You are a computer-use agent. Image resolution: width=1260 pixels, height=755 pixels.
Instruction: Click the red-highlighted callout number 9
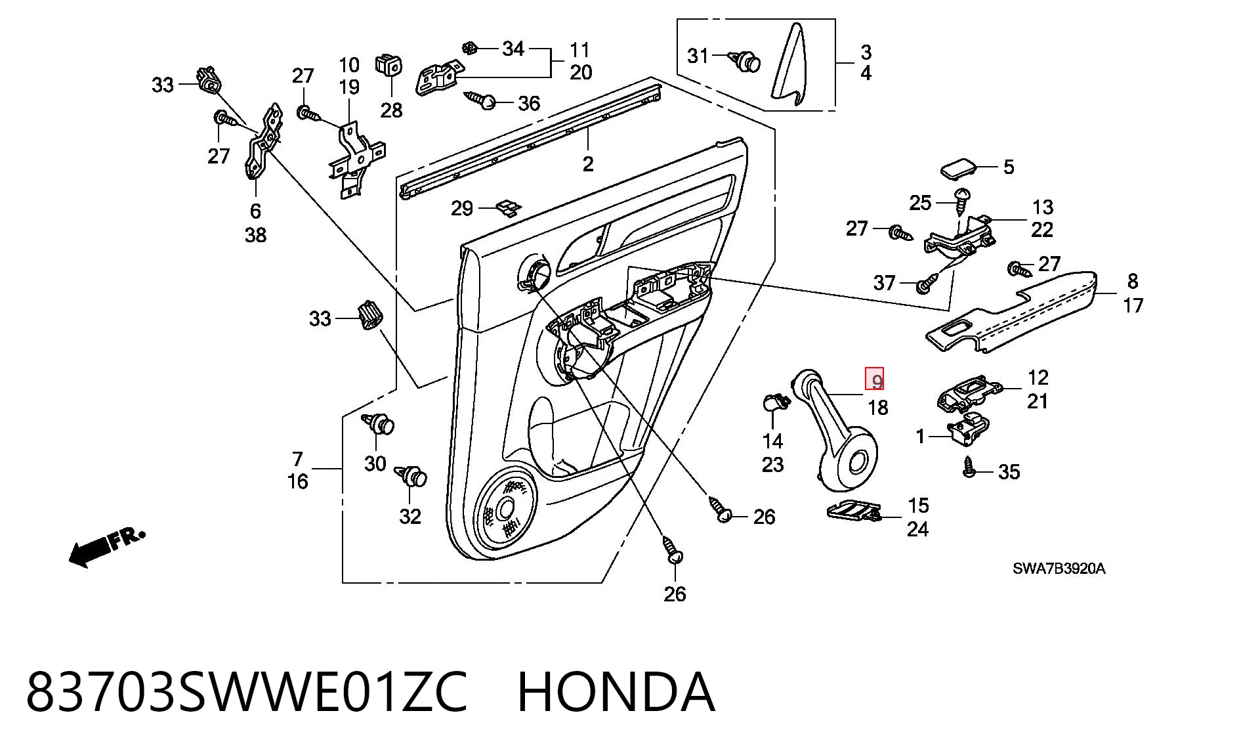pos(876,379)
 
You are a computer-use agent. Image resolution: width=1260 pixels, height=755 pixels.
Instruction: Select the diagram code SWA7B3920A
pos(1059,569)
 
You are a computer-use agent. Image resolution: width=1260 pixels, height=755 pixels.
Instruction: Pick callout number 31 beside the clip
pos(698,56)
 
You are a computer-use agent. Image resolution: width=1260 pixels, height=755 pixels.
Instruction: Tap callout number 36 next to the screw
pos(529,103)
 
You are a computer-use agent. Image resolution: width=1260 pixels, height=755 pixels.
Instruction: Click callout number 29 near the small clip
pos(462,208)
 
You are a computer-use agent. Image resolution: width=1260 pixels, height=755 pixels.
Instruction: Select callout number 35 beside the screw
pos(1009,471)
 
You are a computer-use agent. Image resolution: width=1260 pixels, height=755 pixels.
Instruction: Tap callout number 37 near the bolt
pos(884,282)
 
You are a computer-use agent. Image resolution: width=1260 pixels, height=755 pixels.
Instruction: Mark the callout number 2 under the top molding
pos(588,163)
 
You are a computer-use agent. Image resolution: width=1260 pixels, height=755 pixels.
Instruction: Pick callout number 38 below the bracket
pos(255,234)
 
